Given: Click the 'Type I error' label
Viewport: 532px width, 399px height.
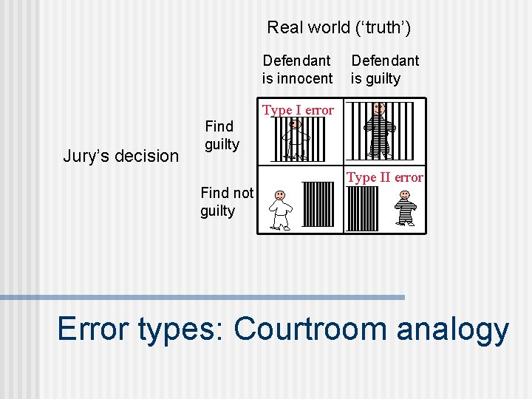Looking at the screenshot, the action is click(299, 110).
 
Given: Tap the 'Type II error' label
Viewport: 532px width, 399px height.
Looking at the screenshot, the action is click(385, 177).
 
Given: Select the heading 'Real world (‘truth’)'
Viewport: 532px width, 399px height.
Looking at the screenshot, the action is click(339, 28).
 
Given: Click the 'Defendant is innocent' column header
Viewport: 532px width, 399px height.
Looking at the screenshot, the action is click(297, 69).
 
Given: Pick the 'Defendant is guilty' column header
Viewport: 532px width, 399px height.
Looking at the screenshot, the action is click(384, 69).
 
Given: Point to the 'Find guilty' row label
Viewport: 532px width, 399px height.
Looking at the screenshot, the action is click(221, 135).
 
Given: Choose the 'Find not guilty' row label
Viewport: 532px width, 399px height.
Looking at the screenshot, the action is click(227, 202).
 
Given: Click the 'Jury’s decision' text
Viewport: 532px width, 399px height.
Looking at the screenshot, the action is click(121, 156).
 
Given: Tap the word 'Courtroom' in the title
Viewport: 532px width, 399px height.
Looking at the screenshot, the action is click(313, 330).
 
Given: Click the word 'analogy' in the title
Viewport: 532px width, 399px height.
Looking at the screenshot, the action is click(452, 330).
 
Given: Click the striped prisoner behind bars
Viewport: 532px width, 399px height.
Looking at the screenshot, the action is click(380, 132).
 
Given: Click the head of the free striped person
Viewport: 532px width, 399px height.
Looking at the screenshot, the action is click(405, 195).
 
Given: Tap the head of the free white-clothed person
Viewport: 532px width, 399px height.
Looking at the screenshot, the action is click(280, 195).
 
